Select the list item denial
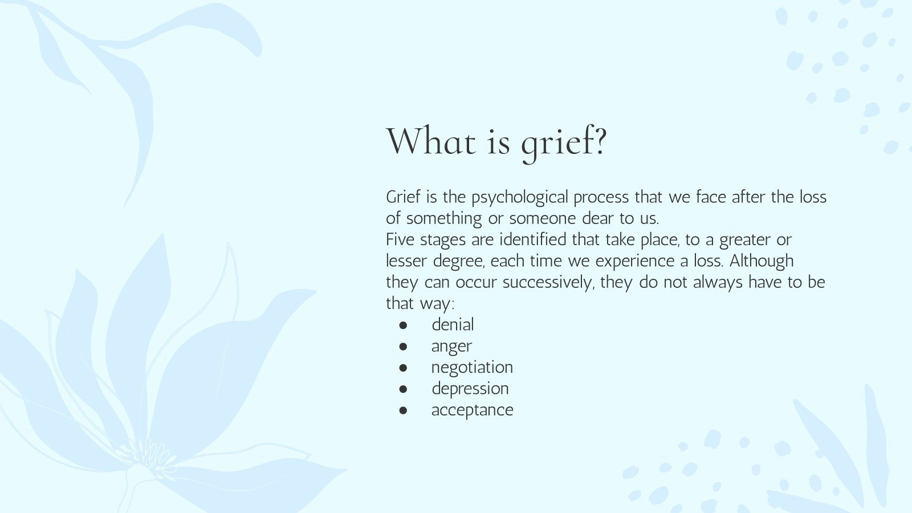tap(453, 325)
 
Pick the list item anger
tap(451, 347)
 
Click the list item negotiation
tap(472, 368)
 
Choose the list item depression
tap(470, 389)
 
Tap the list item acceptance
tap(472, 410)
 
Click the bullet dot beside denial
tap(404, 325)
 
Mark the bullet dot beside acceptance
tap(404, 410)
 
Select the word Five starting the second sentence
tap(400, 239)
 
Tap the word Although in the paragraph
tap(762, 261)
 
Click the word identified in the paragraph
tap(533, 239)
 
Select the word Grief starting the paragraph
tap(403, 197)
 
